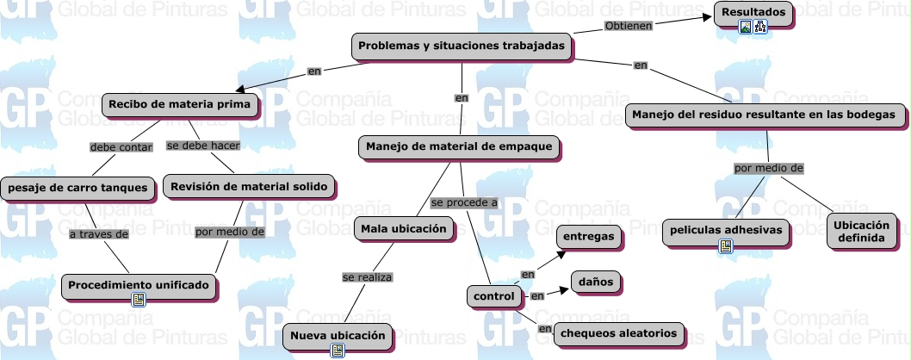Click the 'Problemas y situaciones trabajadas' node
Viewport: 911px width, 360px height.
coord(462,45)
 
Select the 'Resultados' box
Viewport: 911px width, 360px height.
coord(753,13)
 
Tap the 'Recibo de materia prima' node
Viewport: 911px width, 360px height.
coord(180,105)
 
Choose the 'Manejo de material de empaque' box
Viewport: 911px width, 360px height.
coord(459,147)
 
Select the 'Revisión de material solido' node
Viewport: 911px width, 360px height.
coord(248,186)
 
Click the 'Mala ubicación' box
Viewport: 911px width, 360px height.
coord(405,228)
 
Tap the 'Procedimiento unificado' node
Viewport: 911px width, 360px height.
coord(138,284)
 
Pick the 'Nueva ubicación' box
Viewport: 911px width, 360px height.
coord(338,334)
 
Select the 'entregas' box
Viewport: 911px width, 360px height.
coord(590,236)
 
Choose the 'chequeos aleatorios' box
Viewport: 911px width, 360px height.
coord(619,333)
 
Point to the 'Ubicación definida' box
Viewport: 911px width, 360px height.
coord(861,231)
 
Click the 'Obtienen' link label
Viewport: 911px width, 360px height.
coord(628,26)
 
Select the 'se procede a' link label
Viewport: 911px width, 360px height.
coord(464,203)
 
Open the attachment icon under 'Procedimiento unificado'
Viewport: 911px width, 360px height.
coord(138,299)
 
